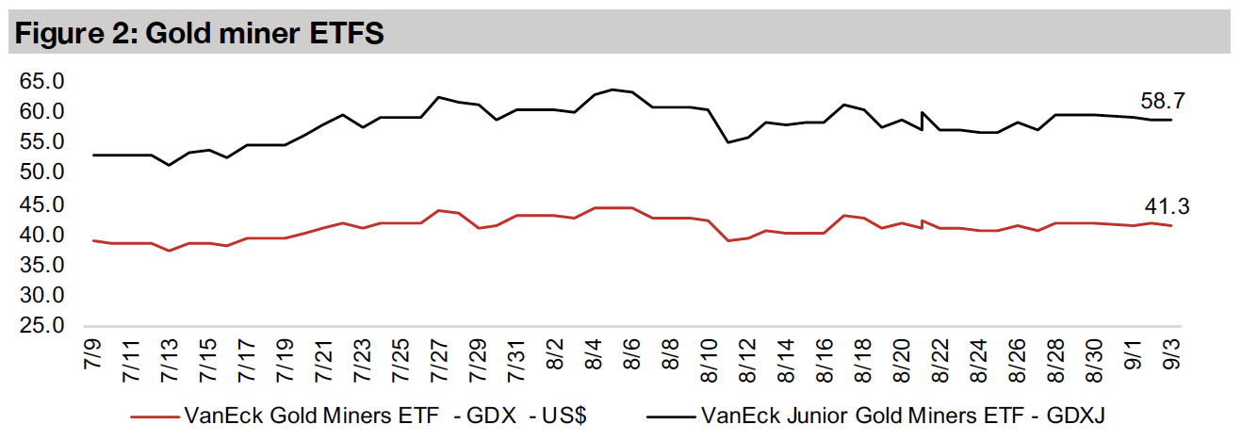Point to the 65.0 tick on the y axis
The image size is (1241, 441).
pos(39,82)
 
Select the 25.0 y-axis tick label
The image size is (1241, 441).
pos(39,327)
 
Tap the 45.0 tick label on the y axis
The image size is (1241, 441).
pos(39,204)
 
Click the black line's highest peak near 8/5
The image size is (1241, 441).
pos(612,90)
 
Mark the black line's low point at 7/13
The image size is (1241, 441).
pos(169,165)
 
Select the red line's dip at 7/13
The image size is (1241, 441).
pos(169,250)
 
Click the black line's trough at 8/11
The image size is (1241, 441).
pos(727,142)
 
